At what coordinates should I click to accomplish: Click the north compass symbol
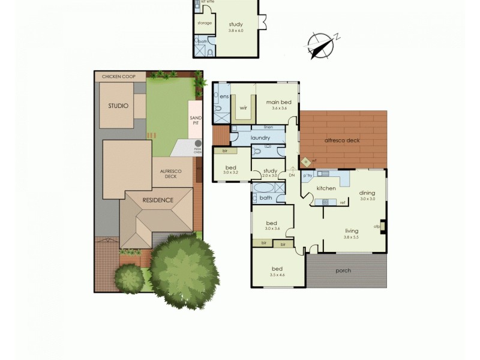(320, 45)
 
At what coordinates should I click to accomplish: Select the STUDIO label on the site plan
(118, 106)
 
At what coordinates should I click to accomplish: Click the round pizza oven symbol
(197, 143)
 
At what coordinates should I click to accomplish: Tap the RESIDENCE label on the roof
(158, 200)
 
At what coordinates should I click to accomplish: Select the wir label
(244, 108)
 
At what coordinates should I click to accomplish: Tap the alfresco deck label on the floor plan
(342, 139)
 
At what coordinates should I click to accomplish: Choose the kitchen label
(326, 188)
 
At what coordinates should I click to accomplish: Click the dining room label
(367, 193)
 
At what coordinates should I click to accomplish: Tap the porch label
(344, 270)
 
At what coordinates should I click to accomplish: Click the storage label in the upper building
(205, 23)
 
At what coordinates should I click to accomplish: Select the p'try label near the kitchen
(308, 176)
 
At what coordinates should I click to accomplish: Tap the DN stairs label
(292, 176)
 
